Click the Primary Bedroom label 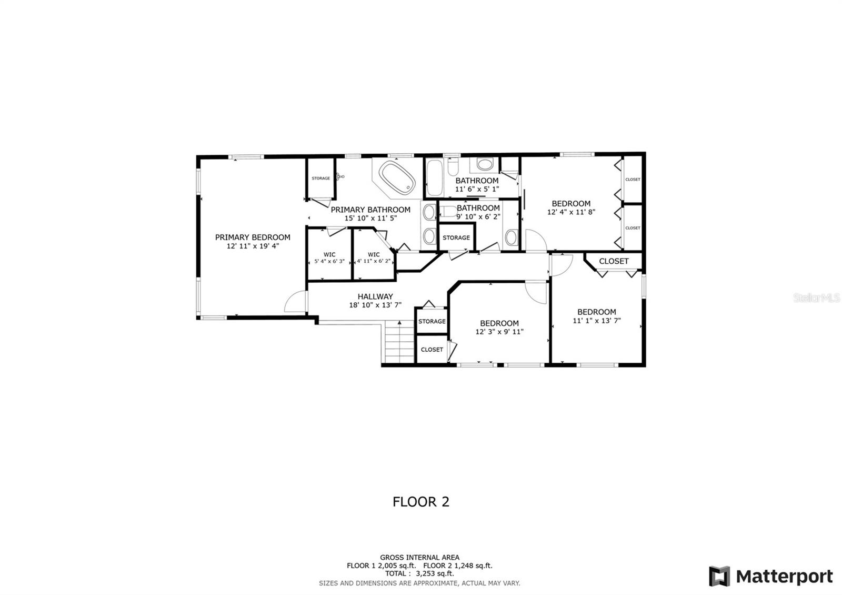[x=253, y=237]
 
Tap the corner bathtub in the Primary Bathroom [x=397, y=177]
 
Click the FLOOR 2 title [x=421, y=502]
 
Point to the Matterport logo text [x=784, y=577]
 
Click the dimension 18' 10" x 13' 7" [x=375, y=305]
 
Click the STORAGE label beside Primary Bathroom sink [x=320, y=178]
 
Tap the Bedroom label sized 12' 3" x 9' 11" [x=499, y=323]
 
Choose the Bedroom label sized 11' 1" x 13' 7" [x=596, y=312]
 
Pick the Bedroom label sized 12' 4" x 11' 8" [x=571, y=204]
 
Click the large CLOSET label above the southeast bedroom [x=614, y=261]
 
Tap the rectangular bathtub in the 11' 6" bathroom [x=434, y=177]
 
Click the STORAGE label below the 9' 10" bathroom [x=456, y=237]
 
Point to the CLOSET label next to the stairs [x=432, y=350]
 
